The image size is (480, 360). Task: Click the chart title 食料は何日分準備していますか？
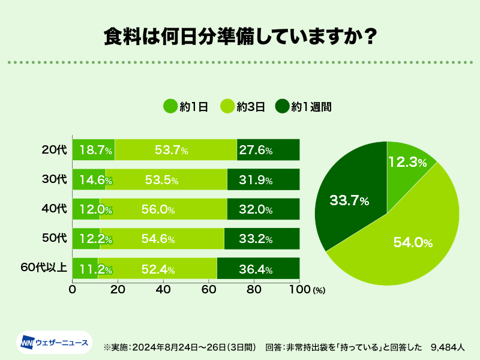click(240, 35)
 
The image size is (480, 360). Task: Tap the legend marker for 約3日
click(227, 107)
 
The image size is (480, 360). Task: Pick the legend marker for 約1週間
click(282, 107)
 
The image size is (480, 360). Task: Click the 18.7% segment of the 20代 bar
click(94, 150)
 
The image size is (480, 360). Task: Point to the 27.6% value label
click(256, 150)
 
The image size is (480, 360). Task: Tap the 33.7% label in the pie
click(349, 201)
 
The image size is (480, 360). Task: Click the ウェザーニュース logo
click(54, 343)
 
